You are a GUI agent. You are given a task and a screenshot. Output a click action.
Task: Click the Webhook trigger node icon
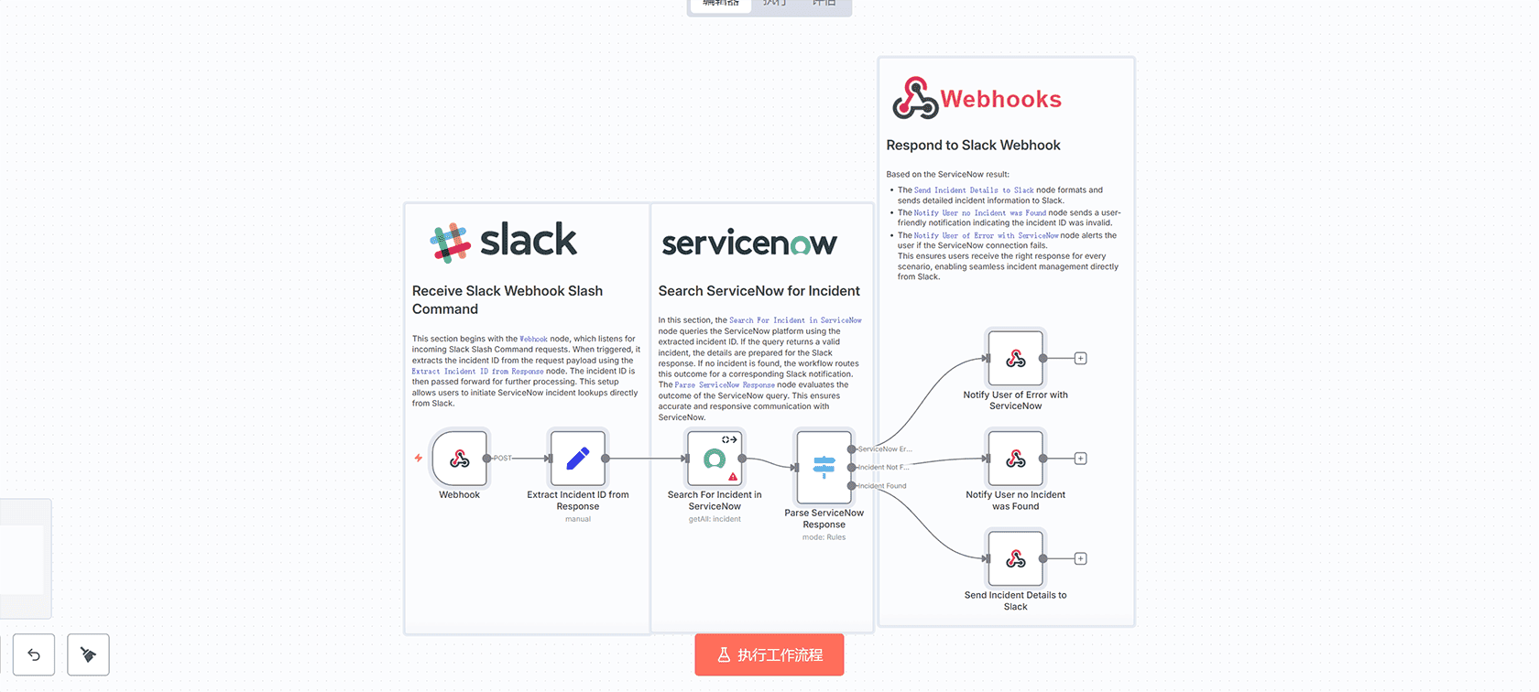coord(460,458)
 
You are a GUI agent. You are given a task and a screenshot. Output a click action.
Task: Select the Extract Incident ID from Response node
coord(577,458)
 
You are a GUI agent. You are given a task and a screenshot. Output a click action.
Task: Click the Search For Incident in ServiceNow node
coord(715,458)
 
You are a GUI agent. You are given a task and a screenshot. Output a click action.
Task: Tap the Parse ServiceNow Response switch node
coord(824,467)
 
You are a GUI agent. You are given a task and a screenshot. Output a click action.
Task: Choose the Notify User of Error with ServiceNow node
coord(1015,358)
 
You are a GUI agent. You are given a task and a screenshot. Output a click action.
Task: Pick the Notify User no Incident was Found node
coord(1015,459)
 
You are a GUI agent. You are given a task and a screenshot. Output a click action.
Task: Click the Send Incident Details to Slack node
coord(1015,558)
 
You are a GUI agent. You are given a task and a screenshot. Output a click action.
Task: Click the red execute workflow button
coord(769,654)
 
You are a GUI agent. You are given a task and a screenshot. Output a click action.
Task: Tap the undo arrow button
coord(34,654)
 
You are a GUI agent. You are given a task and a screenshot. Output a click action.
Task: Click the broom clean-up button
coord(88,654)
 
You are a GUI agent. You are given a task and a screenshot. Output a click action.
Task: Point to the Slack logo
coord(503,242)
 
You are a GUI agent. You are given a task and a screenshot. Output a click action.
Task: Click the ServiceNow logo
coord(749,243)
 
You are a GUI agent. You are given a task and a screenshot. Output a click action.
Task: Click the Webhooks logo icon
coord(915,99)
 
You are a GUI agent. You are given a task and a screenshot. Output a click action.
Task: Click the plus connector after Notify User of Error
coord(1081,358)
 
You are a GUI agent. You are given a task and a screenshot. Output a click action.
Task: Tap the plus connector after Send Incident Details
coord(1081,558)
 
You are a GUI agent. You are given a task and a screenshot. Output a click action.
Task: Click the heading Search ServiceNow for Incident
coord(759,291)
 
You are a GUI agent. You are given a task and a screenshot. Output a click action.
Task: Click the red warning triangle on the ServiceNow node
coord(733,477)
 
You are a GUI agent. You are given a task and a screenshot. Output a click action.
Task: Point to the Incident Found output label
coord(883,486)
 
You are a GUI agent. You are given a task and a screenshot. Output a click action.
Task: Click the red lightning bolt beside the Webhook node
coord(419,458)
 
